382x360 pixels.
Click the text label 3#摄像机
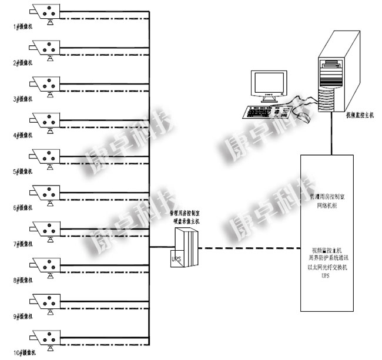(24, 99)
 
